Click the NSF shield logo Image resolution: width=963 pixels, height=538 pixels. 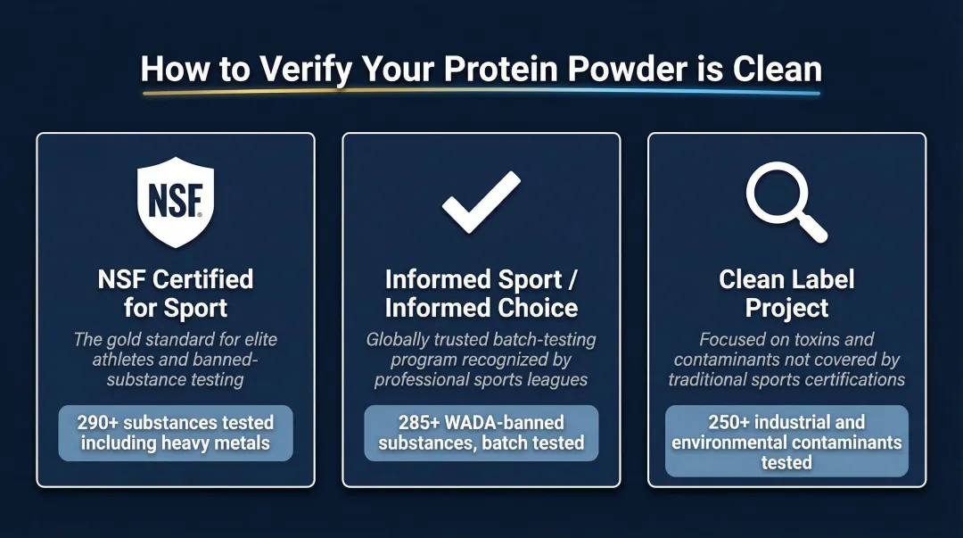176,202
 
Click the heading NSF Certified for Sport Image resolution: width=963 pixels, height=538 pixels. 176,294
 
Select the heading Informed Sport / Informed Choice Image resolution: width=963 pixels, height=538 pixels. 481,294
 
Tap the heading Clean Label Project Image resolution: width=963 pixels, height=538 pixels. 786,294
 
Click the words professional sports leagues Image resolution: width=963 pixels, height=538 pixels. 481,380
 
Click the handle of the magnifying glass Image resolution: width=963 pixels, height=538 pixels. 812,229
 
